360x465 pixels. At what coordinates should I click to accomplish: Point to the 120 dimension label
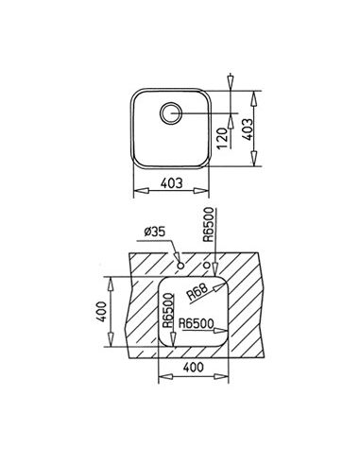[x=222, y=138]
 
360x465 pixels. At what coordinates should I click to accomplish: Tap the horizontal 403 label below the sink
[x=171, y=183]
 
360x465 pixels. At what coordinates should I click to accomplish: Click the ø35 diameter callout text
[x=154, y=232]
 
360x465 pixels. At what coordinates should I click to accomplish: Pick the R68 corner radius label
[x=197, y=292]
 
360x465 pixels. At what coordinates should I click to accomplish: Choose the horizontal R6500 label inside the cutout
[x=196, y=323]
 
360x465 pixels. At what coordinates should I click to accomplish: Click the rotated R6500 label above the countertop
[x=208, y=224]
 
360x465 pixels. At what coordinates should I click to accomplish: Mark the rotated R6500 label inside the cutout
[x=168, y=310]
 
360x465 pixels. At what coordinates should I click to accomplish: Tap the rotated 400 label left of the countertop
[x=101, y=312]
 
